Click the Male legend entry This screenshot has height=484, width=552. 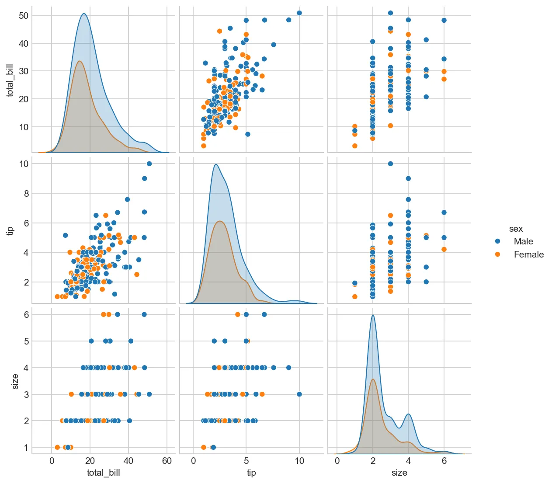[523, 241]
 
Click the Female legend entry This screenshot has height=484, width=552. [528, 254]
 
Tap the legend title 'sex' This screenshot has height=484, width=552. [516, 229]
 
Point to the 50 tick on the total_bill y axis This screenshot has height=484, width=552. [23, 16]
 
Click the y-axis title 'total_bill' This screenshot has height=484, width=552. [10, 80]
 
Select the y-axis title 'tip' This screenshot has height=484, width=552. [10, 230]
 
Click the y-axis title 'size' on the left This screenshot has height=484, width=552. [15, 381]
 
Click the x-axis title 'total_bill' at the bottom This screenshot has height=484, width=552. [103, 473]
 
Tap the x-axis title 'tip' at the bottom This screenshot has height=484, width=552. [251, 473]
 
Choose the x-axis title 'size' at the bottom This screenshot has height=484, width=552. [399, 473]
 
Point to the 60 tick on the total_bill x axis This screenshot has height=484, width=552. [167, 461]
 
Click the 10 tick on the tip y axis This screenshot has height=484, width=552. [24, 164]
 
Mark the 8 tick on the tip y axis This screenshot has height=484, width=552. [26, 193]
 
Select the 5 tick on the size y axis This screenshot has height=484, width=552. [26, 341]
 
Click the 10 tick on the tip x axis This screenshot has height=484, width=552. [299, 461]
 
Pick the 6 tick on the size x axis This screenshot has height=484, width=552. [444, 461]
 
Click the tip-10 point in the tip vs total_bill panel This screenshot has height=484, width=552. [149, 164]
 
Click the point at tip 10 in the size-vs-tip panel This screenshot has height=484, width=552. [299, 394]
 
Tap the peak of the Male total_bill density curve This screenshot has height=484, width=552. [83, 14]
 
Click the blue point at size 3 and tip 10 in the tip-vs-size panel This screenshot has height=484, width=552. [390, 164]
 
